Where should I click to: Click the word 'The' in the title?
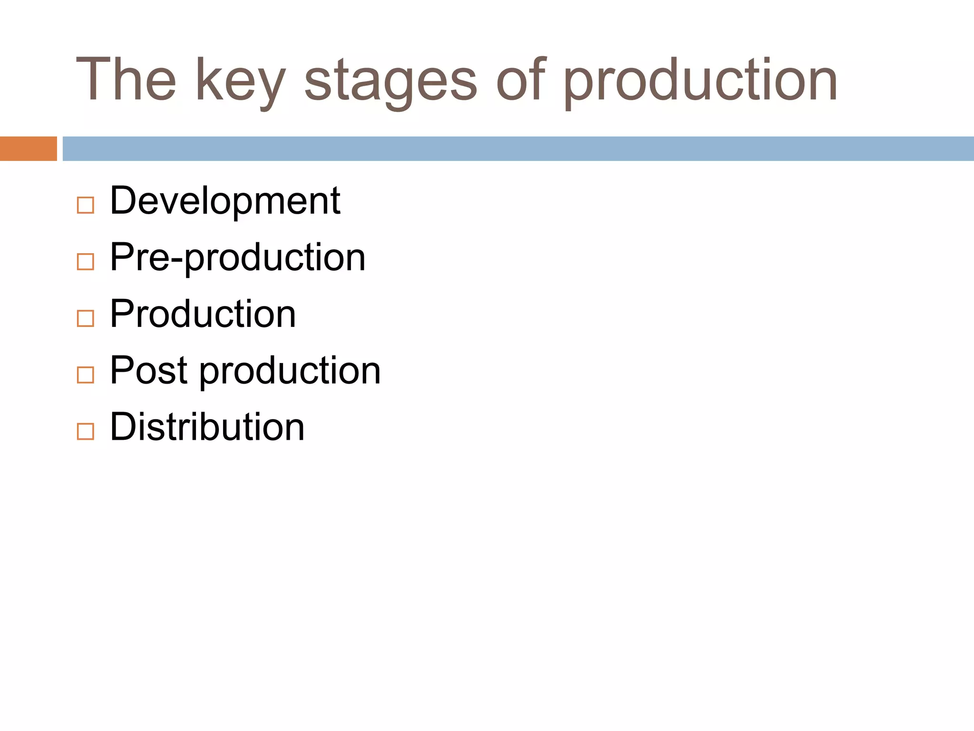click(127, 80)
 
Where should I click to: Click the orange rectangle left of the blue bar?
click(28, 148)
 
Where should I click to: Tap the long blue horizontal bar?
click(518, 148)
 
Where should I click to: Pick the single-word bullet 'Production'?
click(203, 314)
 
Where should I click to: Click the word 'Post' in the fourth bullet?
click(148, 371)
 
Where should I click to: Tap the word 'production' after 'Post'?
click(290, 372)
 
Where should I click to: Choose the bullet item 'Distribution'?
click(207, 427)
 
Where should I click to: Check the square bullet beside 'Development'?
click(86, 206)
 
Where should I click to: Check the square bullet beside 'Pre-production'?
click(86, 262)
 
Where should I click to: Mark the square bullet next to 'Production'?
click(86, 318)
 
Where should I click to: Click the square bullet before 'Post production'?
click(86, 375)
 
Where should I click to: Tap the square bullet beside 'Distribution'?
click(86, 432)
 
